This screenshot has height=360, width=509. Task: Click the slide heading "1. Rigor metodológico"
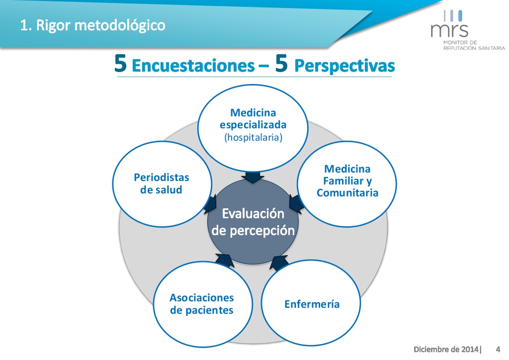[92, 25]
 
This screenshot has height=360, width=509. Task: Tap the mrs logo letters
[449, 29]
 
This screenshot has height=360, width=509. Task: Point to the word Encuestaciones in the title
[193, 66]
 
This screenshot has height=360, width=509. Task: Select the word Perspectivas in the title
[344, 66]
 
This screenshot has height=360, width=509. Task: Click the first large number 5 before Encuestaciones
[120, 63]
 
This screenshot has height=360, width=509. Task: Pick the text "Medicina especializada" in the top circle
[253, 119]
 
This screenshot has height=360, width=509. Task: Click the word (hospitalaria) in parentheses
[253, 137]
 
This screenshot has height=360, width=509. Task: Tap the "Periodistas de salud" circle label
[162, 183]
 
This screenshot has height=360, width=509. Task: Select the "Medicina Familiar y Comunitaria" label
[347, 181]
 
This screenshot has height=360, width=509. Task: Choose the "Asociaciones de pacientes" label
[202, 304]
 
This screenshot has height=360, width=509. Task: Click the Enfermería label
[312, 304]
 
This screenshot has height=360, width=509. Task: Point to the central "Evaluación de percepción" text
[253, 222]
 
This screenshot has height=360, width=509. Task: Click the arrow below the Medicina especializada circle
[253, 177]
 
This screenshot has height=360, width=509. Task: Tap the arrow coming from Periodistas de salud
[211, 204]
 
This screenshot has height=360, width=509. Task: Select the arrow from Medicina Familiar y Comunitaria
[296, 204]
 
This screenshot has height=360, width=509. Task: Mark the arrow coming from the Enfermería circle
[279, 262]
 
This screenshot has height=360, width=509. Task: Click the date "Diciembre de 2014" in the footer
[446, 349]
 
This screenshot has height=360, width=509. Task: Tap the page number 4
[498, 349]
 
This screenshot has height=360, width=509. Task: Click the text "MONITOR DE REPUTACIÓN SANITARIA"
[474, 45]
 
